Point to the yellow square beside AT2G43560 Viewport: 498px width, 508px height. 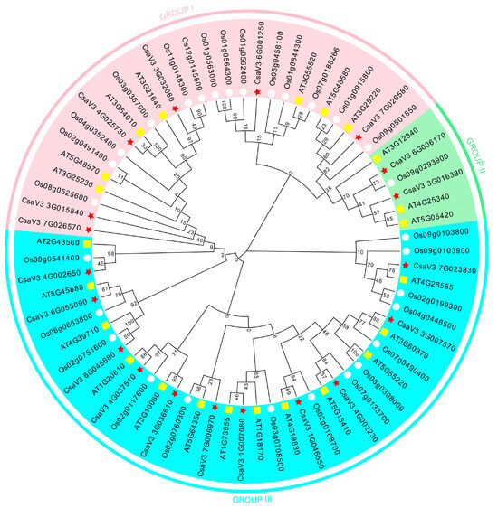pyautogui.click(x=87, y=243)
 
